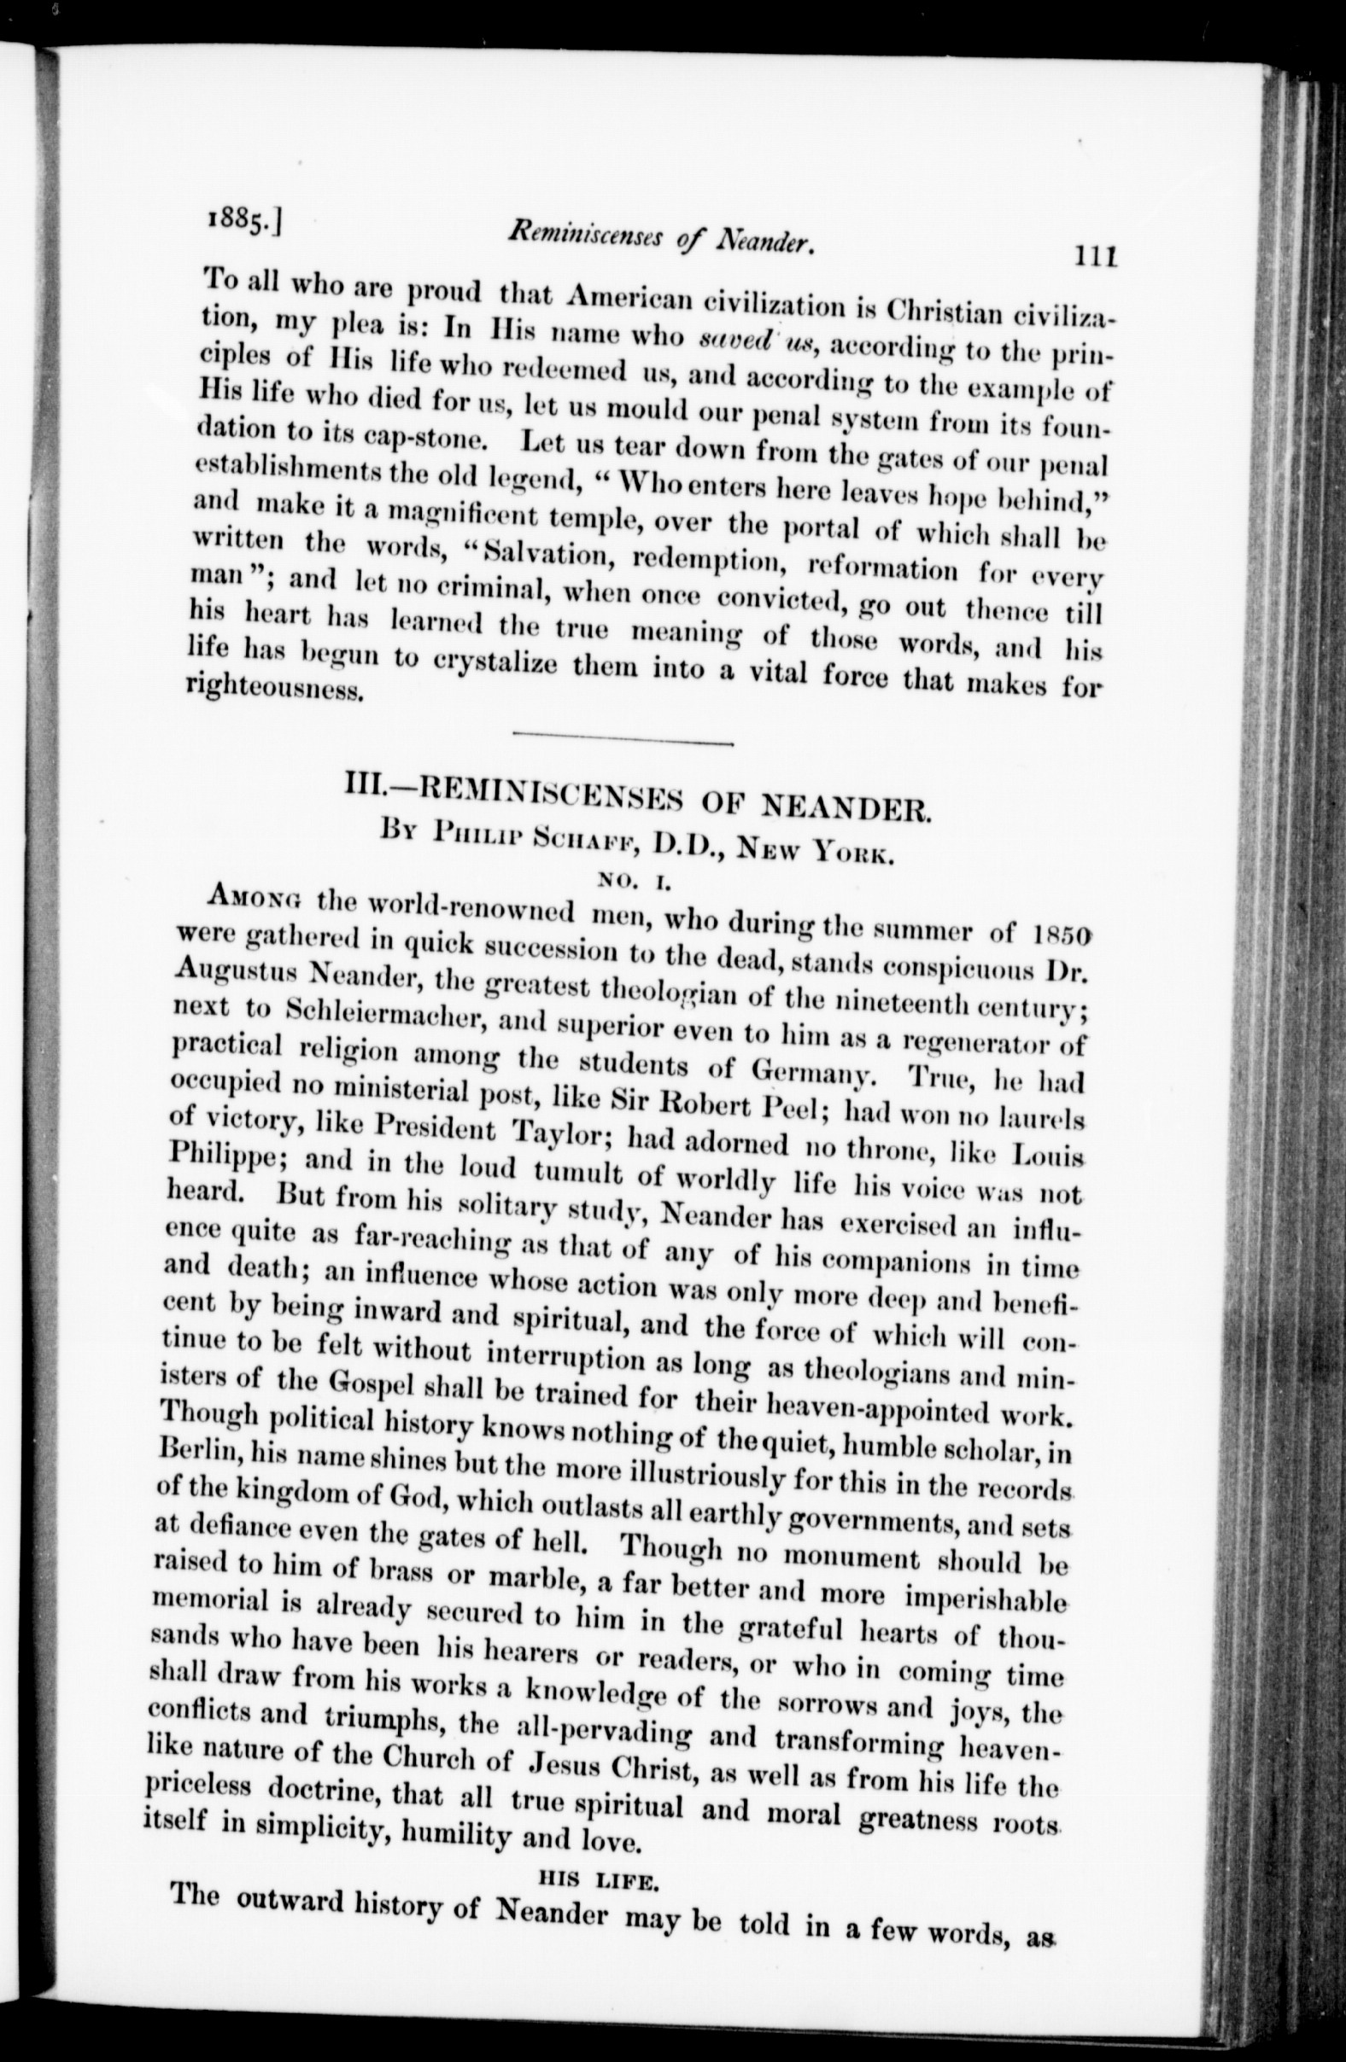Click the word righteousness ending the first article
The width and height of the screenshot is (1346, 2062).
274,691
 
